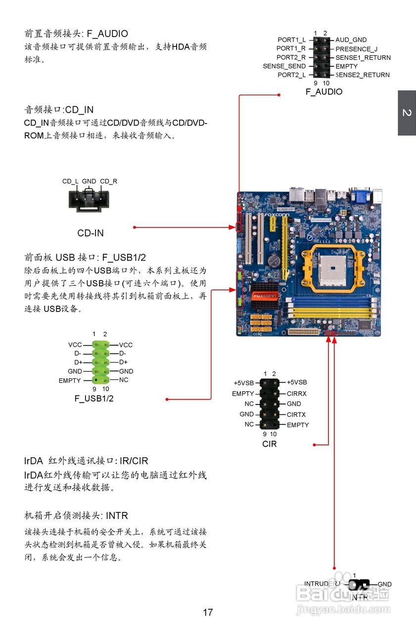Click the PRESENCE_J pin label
[x=356, y=49]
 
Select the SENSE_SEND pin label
[x=284, y=66]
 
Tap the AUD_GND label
[x=351, y=40]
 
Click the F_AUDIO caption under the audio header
[x=324, y=91]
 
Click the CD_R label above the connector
[x=108, y=181]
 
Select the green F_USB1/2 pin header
[x=101, y=362]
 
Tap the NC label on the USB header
[x=124, y=380]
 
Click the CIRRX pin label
[x=297, y=394]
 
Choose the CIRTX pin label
[x=296, y=414]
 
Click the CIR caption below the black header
[x=270, y=444]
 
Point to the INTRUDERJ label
[x=323, y=584]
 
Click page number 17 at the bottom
[x=208, y=612]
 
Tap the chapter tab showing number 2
[x=407, y=113]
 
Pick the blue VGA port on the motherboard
[x=359, y=196]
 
